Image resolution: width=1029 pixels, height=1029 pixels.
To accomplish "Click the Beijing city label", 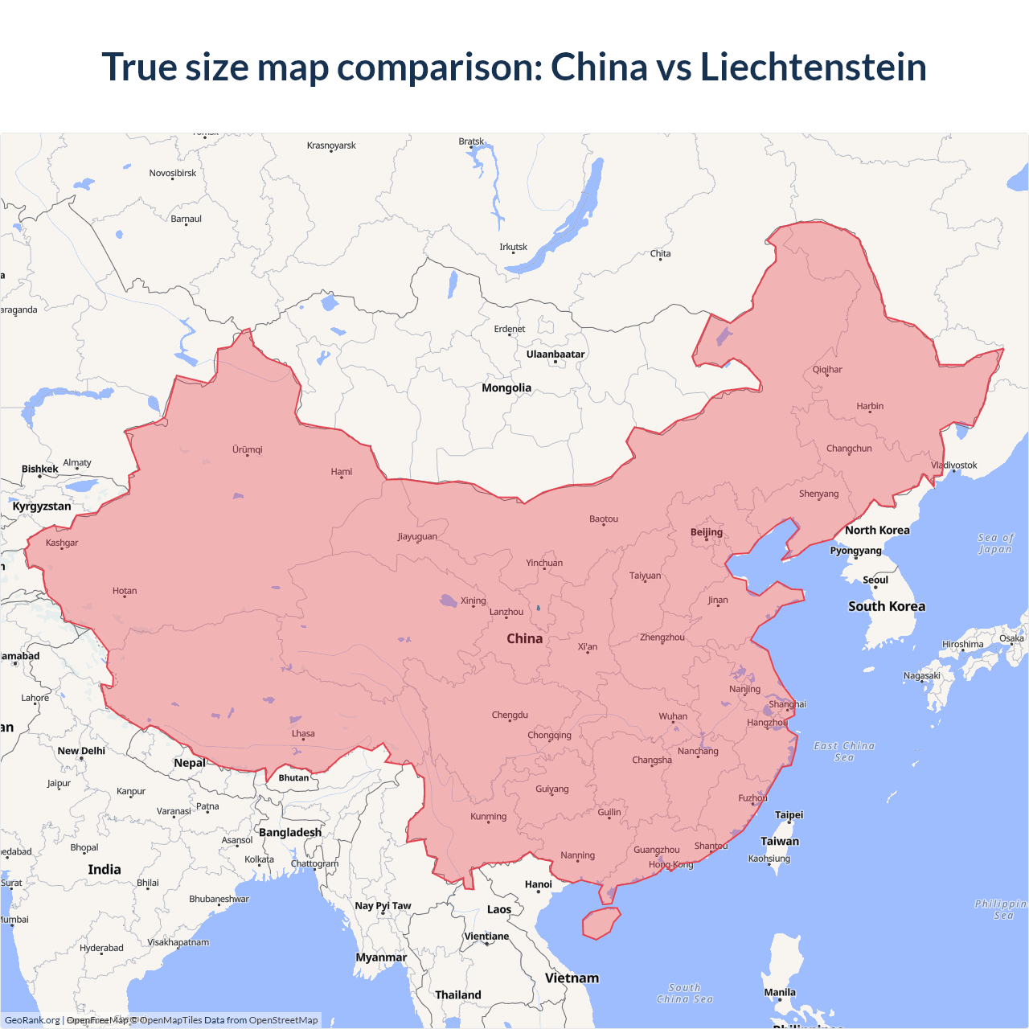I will pyautogui.click(x=707, y=532).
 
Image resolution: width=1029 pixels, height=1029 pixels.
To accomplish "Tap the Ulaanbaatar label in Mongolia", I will pyautogui.click(x=555, y=355).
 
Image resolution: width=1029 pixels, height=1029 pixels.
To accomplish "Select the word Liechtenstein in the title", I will pyautogui.click(x=813, y=67).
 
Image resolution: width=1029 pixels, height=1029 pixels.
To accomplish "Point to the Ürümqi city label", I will pyautogui.click(x=248, y=450).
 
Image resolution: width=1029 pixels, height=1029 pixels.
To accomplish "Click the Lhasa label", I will pyautogui.click(x=303, y=734).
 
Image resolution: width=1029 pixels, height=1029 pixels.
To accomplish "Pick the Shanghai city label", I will pyautogui.click(x=787, y=704).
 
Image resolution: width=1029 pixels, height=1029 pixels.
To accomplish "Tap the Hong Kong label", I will pyautogui.click(x=670, y=865).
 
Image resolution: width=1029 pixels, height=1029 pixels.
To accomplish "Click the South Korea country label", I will pyautogui.click(x=887, y=607).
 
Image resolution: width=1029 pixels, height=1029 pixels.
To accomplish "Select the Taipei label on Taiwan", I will pyautogui.click(x=789, y=815).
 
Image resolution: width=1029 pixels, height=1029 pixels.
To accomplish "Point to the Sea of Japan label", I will pyautogui.click(x=995, y=543).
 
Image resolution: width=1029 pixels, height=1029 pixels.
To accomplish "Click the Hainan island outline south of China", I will pyautogui.click(x=601, y=923).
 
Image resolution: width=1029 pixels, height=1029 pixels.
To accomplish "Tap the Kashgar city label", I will pyautogui.click(x=62, y=543).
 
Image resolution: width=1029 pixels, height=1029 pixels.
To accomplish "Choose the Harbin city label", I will pyautogui.click(x=870, y=407).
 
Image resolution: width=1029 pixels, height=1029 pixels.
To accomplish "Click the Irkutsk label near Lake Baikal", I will pyautogui.click(x=513, y=248).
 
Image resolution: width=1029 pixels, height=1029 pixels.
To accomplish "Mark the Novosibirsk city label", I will pyautogui.click(x=172, y=174).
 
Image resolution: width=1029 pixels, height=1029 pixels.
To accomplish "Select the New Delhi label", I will pyautogui.click(x=81, y=751).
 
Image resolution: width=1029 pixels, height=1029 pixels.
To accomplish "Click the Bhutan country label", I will pyautogui.click(x=293, y=777).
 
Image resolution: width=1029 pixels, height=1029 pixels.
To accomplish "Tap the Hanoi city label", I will pyautogui.click(x=539, y=884).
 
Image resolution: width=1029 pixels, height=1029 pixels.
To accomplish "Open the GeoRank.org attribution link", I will pyautogui.click(x=32, y=1020).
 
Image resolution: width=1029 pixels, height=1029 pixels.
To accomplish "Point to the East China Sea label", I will pyautogui.click(x=844, y=752).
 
